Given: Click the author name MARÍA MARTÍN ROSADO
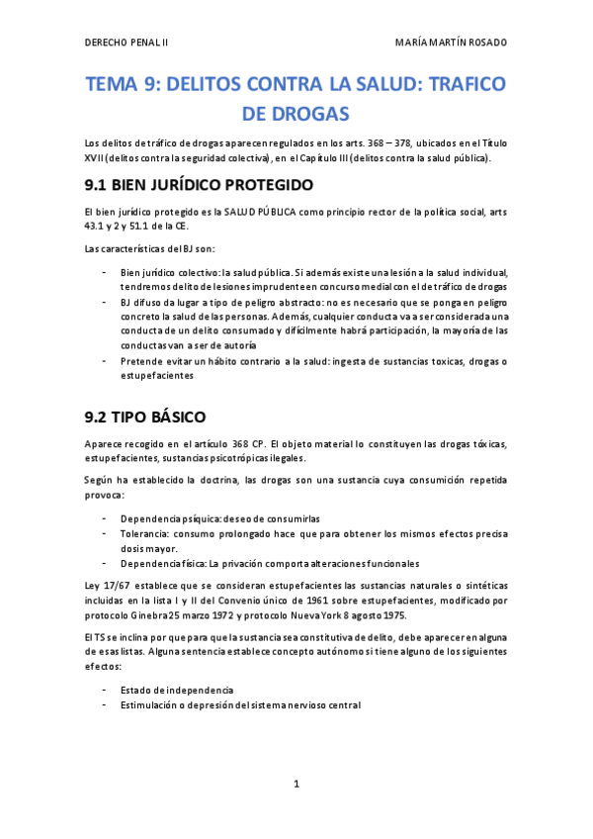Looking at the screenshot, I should [451, 43].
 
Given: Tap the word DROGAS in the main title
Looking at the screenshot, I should [296, 115].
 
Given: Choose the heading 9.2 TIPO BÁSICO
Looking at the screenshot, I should [145, 417].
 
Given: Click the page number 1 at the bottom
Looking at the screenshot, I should [296, 784].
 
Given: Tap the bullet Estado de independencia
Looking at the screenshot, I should [177, 690].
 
